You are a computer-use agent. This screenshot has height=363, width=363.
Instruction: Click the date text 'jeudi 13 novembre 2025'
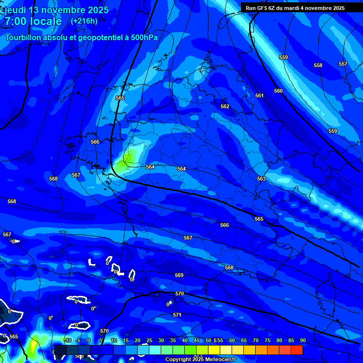(x=56, y=10)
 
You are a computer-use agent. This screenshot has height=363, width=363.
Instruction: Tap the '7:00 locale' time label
(x=33, y=21)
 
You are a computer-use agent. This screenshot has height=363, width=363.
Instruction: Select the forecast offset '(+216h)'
(x=84, y=21)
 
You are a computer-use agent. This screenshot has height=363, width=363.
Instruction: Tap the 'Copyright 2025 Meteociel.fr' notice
(x=204, y=360)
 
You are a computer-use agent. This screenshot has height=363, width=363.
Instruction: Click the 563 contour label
(x=261, y=179)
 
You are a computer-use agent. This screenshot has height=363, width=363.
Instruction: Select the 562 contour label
(x=225, y=106)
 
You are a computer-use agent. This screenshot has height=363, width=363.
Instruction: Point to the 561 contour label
(x=259, y=95)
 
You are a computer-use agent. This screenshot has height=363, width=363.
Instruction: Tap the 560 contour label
(x=278, y=91)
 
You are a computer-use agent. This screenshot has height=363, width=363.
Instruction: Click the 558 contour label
(x=318, y=65)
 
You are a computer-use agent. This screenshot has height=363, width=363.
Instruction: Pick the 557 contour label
(x=343, y=64)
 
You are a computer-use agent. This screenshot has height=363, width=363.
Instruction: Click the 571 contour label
(x=177, y=315)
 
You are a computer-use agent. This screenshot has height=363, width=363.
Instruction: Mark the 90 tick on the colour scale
(x=302, y=341)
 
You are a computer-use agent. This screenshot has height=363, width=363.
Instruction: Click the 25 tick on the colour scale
(x=149, y=341)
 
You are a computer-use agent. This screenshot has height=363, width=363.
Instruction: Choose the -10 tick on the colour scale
(x=68, y=341)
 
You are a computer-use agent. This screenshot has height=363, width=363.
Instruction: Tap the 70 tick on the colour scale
(x=256, y=341)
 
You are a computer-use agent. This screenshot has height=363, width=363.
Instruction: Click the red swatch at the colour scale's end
(x=296, y=350)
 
